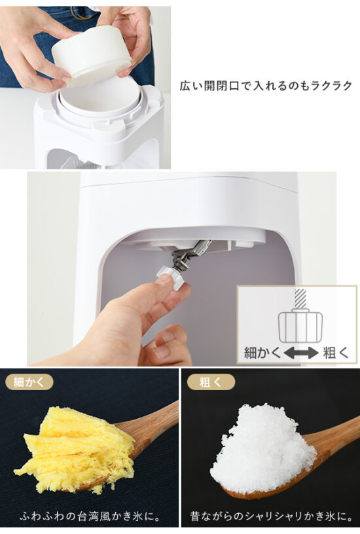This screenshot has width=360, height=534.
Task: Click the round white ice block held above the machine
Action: click(x=91, y=54)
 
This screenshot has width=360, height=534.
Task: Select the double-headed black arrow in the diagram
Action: click(x=300, y=353)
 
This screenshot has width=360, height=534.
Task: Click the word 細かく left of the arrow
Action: click(x=262, y=353)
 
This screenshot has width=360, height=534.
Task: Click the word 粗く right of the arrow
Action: click(x=336, y=353)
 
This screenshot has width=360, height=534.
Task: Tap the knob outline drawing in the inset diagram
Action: click(x=300, y=327)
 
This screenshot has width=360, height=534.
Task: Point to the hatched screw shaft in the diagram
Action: click(x=300, y=299)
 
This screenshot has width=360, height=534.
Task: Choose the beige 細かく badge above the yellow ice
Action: click(x=29, y=382)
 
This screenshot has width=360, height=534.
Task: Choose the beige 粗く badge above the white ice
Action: click(x=211, y=382)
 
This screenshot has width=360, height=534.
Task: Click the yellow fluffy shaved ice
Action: click(x=75, y=449)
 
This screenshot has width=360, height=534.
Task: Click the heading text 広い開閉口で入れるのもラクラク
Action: click(x=266, y=86)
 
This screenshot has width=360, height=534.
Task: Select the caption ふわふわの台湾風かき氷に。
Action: click(x=90, y=516)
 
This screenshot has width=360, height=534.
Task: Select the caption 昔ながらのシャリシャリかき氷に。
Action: click(x=272, y=516)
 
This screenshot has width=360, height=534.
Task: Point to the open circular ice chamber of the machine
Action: click(x=99, y=97)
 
